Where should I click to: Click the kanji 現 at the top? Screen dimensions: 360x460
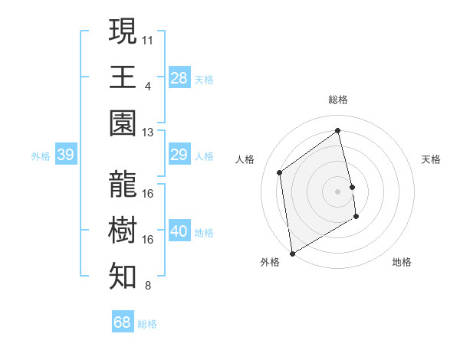[123, 31]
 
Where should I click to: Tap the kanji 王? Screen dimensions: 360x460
[123, 77]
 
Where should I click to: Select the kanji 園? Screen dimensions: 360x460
[123, 123]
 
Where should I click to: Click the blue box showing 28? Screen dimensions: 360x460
[179, 77]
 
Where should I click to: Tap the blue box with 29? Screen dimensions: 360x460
[179, 155]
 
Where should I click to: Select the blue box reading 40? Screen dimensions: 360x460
[179, 232]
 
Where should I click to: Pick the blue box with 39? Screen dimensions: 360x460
[65, 155]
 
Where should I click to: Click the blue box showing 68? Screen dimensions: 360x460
[122, 322]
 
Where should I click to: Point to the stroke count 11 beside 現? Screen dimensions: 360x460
[148, 38]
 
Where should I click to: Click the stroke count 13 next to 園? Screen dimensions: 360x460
[148, 132]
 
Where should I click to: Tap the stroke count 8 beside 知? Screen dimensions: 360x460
[147, 286]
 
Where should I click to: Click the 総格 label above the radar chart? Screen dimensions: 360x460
[338, 100]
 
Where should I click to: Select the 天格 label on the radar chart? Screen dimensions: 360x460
[431, 159]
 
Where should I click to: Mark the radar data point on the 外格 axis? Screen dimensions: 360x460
[291, 253]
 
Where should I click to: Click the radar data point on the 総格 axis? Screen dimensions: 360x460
[338, 131]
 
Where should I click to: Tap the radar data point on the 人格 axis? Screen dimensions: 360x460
[280, 172]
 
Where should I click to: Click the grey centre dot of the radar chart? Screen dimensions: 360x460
[338, 191]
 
